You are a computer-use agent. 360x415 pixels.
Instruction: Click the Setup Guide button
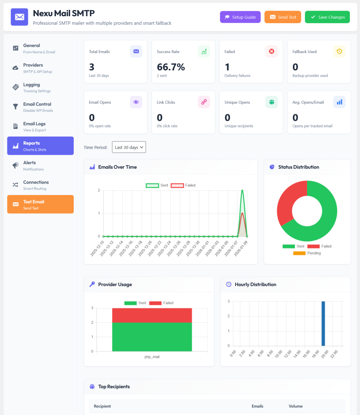[240, 17]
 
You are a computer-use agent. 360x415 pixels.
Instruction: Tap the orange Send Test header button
[283, 17]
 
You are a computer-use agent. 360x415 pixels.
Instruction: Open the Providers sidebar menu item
[40, 68]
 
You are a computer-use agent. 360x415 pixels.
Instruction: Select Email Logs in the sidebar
[40, 126]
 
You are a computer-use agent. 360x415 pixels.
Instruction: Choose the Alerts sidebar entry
[40, 165]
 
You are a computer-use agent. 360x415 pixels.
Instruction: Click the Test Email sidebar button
[40, 204]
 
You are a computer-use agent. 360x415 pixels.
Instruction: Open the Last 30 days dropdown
[129, 147]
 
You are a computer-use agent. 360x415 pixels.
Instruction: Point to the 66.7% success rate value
[170, 67]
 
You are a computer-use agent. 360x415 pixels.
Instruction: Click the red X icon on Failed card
[271, 51]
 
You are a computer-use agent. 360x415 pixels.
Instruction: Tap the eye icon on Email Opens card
[136, 102]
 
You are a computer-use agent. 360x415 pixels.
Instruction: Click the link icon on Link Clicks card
[204, 102]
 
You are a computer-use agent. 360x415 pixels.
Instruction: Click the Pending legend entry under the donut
[307, 253]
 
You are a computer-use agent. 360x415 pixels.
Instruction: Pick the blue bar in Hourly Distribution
[323, 323]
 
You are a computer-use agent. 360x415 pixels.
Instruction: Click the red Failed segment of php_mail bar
[152, 315]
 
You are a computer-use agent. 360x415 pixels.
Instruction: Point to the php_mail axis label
[152, 357]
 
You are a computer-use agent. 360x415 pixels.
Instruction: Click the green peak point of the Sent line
[242, 190]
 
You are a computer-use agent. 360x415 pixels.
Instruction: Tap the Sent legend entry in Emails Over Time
[157, 185]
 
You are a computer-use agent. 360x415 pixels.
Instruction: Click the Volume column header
[296, 406]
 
